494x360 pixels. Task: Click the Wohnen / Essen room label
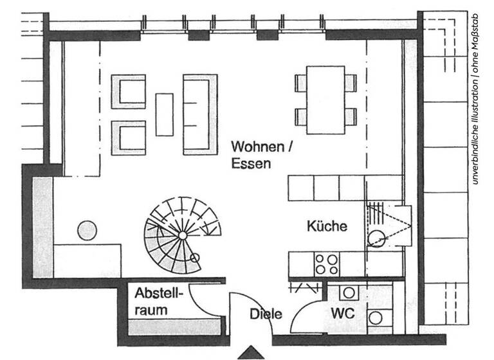point(262,154)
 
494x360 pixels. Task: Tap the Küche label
point(327,226)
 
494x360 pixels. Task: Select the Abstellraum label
point(159,301)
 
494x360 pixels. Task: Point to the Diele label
point(266,314)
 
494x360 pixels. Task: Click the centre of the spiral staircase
point(183,235)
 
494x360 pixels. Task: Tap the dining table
point(325,100)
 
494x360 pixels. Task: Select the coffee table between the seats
point(165,114)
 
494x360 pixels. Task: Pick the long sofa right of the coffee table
point(200,114)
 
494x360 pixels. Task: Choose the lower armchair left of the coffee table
point(129,138)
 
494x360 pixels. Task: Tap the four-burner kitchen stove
point(325,264)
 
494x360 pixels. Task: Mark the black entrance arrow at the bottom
point(251,353)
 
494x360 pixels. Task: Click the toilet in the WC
point(376,317)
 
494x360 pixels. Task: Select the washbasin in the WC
point(349,292)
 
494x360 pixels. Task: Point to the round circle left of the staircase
point(87,230)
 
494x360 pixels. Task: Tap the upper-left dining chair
point(300,82)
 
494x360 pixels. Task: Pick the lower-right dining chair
point(351,117)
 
